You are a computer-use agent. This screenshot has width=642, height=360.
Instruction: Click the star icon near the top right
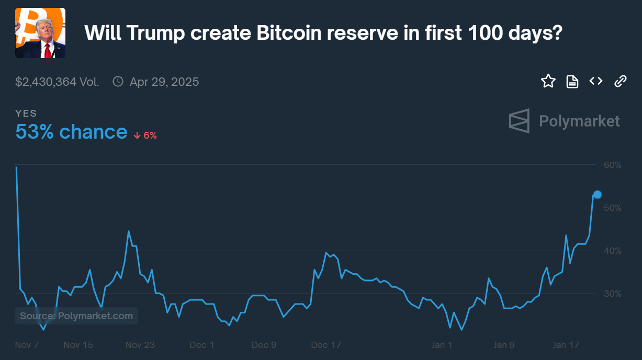[548, 81]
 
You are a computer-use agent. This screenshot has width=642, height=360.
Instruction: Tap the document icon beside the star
[572, 82]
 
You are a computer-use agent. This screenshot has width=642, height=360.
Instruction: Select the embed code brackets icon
[596, 81]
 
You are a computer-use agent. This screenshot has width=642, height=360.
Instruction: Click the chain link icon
[620, 81]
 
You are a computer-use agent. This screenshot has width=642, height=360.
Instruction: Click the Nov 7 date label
[27, 345]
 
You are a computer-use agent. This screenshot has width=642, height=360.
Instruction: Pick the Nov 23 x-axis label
[141, 345]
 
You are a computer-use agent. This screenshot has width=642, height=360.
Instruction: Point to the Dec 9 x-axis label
[264, 345]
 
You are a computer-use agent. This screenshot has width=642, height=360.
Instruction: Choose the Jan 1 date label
[442, 345]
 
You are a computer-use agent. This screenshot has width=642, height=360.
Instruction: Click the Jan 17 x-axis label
[566, 345]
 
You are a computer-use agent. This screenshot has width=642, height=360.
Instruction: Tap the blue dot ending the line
[598, 195]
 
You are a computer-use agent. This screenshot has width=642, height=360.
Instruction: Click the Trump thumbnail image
[40, 33]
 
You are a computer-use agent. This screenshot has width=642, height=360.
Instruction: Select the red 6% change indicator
[145, 135]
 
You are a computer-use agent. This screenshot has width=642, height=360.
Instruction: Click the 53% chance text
[71, 132]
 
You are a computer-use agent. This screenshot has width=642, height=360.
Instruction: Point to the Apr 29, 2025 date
[164, 82]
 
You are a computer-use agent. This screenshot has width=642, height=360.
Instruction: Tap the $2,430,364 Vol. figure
[57, 82]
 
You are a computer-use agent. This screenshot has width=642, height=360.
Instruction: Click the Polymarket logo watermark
[564, 121]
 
